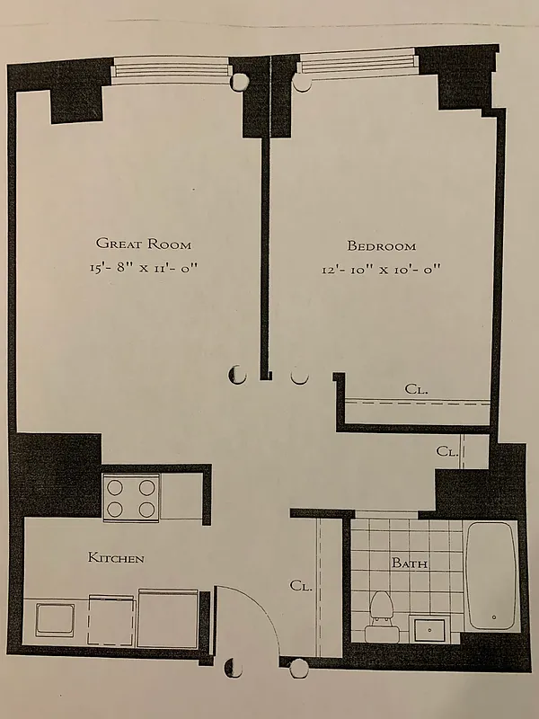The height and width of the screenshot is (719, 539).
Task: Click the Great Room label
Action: click(144, 244)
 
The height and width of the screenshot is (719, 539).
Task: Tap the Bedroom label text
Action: click(382, 246)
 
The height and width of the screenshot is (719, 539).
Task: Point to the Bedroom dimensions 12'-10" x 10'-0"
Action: click(382, 269)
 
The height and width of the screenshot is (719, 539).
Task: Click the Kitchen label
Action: click(115, 559)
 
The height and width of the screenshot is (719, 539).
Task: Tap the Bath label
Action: click(409, 564)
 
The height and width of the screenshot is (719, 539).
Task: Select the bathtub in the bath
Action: click(491, 575)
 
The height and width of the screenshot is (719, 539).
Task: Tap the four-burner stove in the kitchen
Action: click(130, 497)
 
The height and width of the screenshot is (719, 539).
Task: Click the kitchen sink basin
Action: click(55, 619)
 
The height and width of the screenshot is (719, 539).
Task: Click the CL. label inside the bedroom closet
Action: click(416, 390)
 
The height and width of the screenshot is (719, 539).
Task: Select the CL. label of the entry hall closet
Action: click(301, 586)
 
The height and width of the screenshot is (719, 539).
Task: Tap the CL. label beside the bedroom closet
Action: click(446, 451)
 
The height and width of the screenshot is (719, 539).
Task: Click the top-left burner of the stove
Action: click(116, 487)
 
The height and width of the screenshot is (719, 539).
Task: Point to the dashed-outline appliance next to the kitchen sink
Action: click(113, 618)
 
